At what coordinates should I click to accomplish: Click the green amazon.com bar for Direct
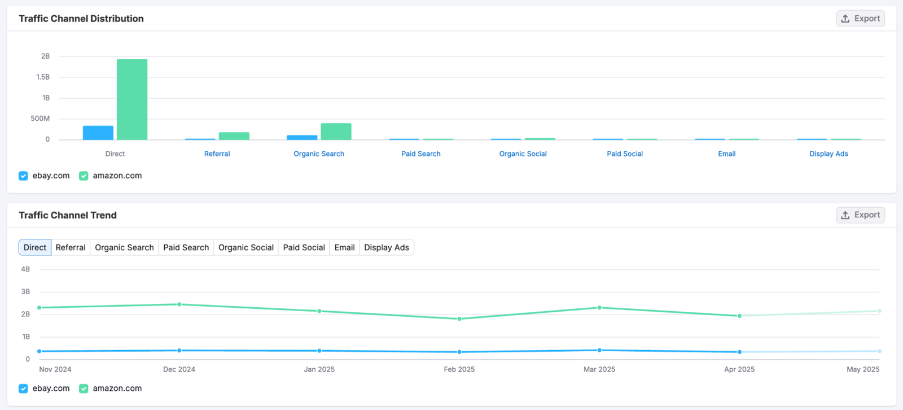132,99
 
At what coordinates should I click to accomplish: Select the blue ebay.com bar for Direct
98,133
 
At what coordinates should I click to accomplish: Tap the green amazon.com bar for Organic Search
336,132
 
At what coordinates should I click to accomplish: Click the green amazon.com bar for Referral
234,136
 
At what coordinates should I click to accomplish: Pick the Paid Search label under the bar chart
420,154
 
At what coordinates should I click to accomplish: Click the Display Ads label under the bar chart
829,154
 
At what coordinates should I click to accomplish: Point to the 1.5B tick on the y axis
43,77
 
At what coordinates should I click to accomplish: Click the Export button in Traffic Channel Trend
860,215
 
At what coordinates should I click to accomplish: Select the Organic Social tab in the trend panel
246,247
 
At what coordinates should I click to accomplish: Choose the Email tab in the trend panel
344,247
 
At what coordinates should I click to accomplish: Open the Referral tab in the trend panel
71,247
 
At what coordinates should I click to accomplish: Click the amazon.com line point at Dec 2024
179,304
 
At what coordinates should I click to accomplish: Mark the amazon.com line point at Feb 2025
459,319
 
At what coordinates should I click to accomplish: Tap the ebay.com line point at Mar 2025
599,350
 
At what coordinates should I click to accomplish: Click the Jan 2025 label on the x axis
319,369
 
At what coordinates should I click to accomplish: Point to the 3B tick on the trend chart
25,292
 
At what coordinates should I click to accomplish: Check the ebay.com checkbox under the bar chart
23,176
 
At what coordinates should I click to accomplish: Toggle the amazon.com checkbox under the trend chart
84,389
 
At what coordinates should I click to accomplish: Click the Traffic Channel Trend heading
68,215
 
